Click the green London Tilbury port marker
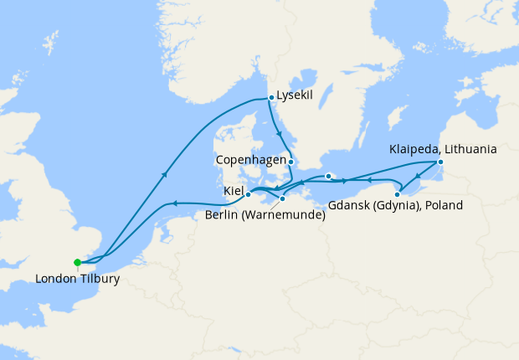pyautogui.click(x=77, y=262)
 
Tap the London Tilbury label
pyautogui.click(x=78, y=279)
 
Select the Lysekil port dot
pyautogui.click(x=270, y=98)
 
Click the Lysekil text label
pyautogui.click(x=295, y=95)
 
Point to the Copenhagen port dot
pyautogui.click(x=290, y=160)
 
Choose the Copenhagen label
pyautogui.click(x=250, y=159)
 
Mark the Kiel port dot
pyautogui.click(x=248, y=194)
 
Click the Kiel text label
pyautogui.click(x=233, y=192)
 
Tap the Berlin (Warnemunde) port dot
pyautogui.click(x=283, y=198)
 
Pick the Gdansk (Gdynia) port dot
pyautogui.click(x=397, y=194)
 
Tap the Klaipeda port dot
pyautogui.click(x=440, y=162)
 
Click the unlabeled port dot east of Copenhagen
pyautogui.click(x=329, y=176)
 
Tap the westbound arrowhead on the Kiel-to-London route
pyautogui.click(x=174, y=203)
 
